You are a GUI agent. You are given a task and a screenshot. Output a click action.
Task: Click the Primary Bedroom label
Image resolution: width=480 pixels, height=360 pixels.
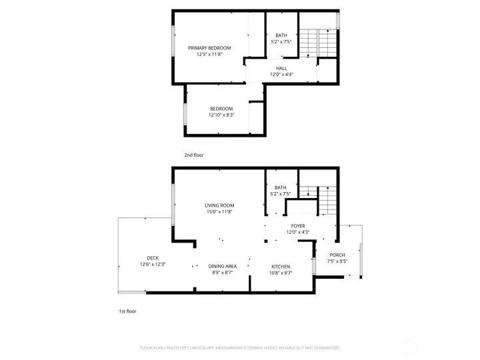(209, 48)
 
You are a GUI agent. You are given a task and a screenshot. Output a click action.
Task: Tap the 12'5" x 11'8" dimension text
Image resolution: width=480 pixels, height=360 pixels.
(209, 55)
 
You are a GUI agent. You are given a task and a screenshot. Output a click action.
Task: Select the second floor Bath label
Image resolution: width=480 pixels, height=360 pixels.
(281, 35)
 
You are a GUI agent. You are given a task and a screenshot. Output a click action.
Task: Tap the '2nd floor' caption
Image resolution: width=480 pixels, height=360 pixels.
(194, 155)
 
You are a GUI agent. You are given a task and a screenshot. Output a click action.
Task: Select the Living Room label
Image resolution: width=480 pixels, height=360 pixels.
(219, 205)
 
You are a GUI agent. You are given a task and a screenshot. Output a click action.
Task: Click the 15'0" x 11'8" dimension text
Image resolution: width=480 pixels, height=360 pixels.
(219, 212)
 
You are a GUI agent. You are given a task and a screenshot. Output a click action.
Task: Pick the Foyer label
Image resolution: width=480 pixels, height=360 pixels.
(297, 226)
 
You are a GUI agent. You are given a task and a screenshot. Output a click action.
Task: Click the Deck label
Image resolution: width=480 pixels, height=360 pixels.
(153, 258)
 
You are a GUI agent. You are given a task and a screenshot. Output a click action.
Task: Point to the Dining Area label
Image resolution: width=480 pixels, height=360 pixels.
(223, 266)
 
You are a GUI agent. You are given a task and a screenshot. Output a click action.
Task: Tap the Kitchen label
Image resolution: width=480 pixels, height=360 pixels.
(281, 266)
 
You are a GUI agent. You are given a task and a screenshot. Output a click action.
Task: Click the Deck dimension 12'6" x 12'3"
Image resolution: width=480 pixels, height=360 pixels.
(153, 265)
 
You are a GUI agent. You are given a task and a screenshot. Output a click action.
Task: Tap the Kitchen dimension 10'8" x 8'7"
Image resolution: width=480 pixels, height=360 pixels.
(281, 273)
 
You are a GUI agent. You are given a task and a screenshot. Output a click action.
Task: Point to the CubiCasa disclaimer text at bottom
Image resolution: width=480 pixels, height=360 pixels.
(239, 347)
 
